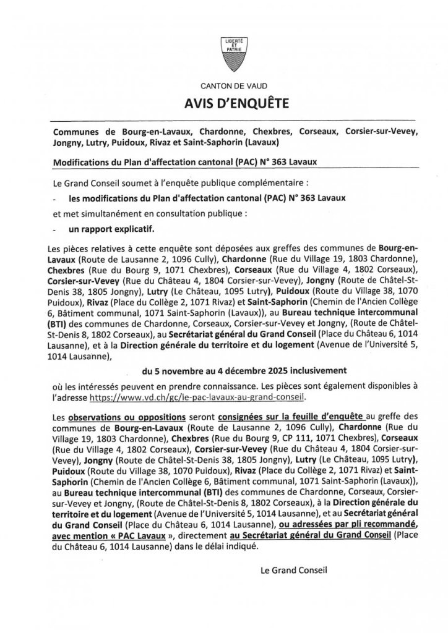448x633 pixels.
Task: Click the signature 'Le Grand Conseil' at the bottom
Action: (293, 570)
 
